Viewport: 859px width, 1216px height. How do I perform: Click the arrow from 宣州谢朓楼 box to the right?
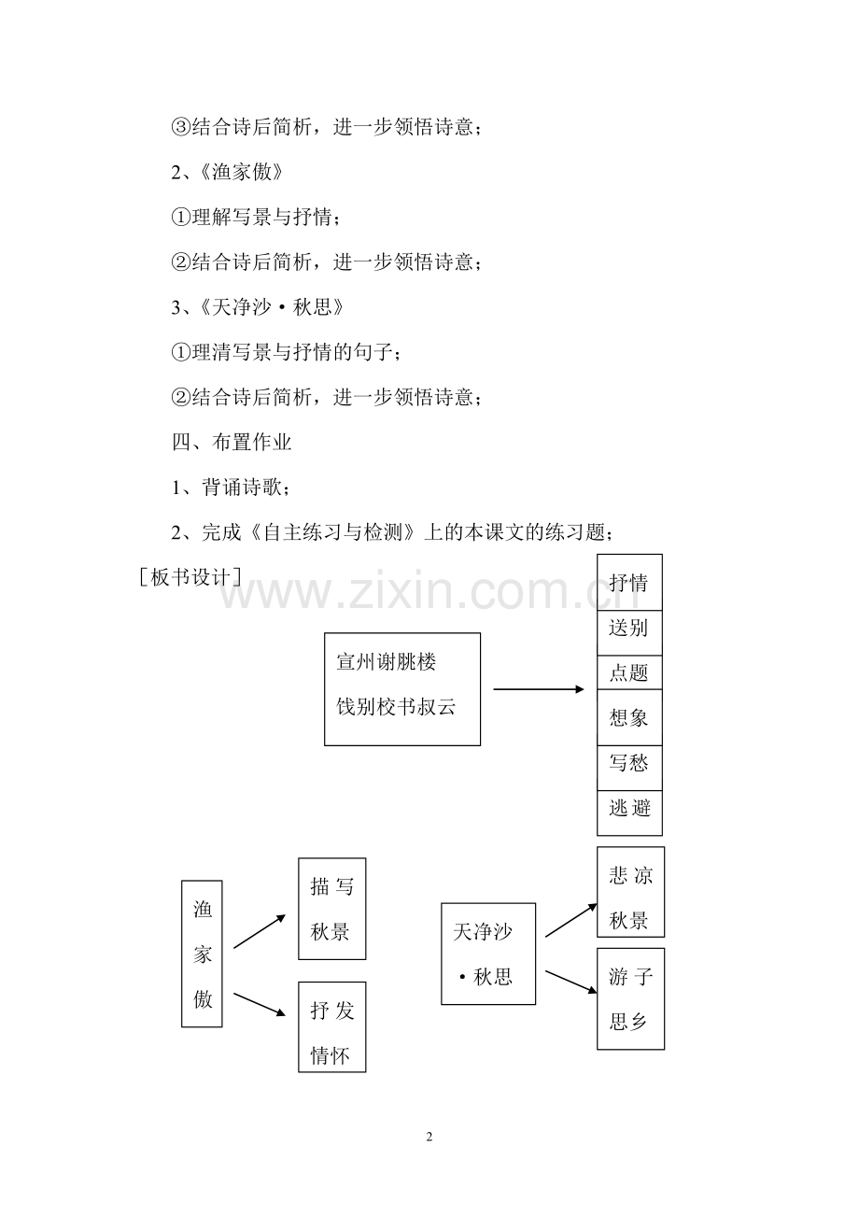click(x=539, y=689)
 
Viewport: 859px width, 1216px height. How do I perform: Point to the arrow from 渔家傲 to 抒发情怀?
click(x=260, y=1004)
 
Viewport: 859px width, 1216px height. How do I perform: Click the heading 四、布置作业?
click(x=232, y=443)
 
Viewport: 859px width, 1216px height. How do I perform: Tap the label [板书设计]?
click(x=190, y=577)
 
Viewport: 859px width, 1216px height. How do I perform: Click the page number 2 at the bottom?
click(x=429, y=1137)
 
